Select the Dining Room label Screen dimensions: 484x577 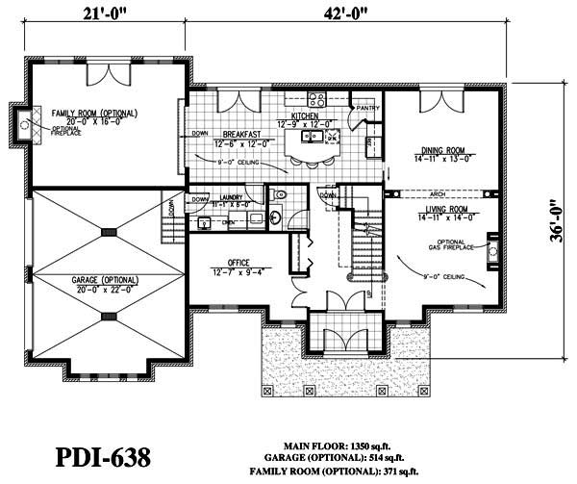tap(442, 149)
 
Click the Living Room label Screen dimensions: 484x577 tap(441, 208)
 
